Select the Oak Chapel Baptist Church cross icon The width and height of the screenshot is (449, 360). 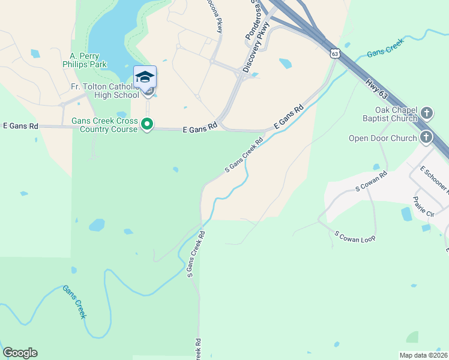click(x=426, y=113)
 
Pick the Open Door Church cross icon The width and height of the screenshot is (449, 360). click(x=426, y=137)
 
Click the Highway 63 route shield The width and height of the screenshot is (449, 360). click(x=335, y=53)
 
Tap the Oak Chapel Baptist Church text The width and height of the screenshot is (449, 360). click(x=396, y=114)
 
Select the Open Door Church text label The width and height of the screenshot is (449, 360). click(x=382, y=139)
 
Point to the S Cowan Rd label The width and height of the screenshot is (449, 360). click(x=372, y=181)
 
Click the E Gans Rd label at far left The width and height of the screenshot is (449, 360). click(x=20, y=126)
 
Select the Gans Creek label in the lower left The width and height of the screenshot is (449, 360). click(x=75, y=301)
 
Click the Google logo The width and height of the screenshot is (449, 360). click(x=20, y=353)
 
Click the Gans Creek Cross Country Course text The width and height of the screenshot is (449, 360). click(x=104, y=125)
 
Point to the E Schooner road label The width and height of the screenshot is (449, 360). click(x=434, y=178)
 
